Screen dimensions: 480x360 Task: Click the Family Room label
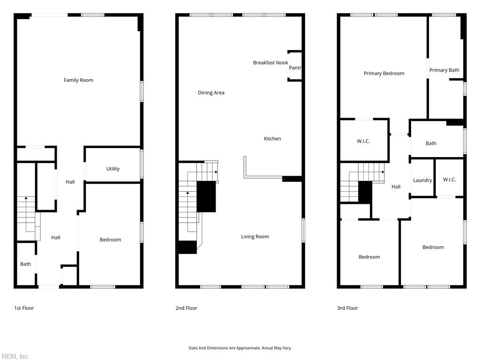pyautogui.click(x=78, y=80)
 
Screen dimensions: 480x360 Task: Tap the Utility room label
pyautogui.click(x=113, y=169)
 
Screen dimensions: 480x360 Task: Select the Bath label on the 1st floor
pyautogui.click(x=25, y=264)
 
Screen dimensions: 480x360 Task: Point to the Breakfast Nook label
pyautogui.click(x=270, y=63)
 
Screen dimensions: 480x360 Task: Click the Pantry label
pyautogui.click(x=295, y=67)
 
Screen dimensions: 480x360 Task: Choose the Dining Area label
pyautogui.click(x=211, y=93)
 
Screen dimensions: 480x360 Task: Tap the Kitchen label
pyautogui.click(x=272, y=139)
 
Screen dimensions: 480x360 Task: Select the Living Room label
pyautogui.click(x=255, y=237)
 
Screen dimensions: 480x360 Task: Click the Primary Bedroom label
pyautogui.click(x=384, y=74)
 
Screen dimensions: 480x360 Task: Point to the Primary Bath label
pyautogui.click(x=444, y=70)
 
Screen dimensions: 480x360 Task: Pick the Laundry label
pyautogui.click(x=422, y=180)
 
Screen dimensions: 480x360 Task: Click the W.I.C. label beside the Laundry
pyautogui.click(x=450, y=180)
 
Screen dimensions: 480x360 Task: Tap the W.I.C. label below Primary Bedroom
pyautogui.click(x=363, y=141)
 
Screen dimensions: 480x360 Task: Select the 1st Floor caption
pyautogui.click(x=24, y=308)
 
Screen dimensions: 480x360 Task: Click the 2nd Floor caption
pyautogui.click(x=187, y=308)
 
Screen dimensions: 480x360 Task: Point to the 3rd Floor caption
pyautogui.click(x=347, y=308)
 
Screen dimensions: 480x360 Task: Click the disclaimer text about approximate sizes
pyautogui.click(x=240, y=348)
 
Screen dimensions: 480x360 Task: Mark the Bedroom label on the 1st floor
pyautogui.click(x=111, y=240)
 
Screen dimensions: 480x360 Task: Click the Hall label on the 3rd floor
pyautogui.click(x=396, y=187)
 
